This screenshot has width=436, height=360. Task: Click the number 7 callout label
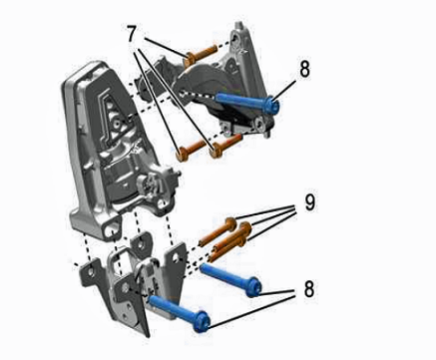coord(132,34)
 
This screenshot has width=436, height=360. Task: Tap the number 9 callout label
coord(309,201)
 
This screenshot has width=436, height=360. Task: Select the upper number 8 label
coord(304,69)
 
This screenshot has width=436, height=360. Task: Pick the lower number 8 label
coord(309,289)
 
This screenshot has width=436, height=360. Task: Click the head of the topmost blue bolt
coord(272,105)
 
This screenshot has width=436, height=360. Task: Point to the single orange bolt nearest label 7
coord(201,54)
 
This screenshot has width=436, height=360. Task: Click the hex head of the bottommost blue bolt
coord(202,321)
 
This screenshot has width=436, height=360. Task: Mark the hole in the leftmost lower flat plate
coord(91,271)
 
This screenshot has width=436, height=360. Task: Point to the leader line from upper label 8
coord(285,89)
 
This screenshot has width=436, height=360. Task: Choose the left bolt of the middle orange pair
coord(193,150)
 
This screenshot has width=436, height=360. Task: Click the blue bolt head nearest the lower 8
coord(253,286)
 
